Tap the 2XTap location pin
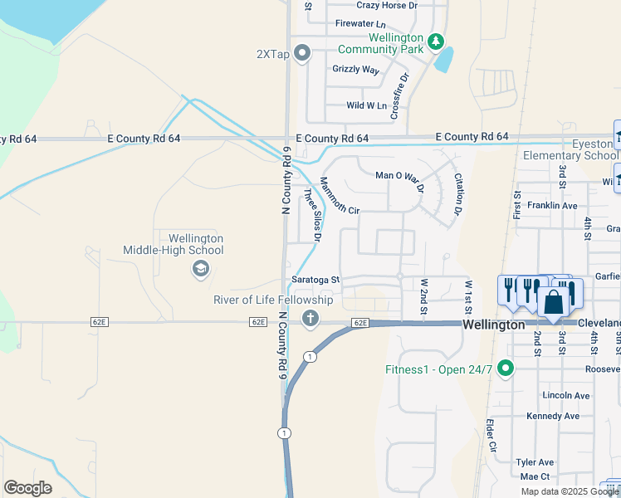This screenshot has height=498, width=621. pyautogui.click(x=301, y=55)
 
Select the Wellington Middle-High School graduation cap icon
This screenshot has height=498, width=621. pyautogui.click(x=199, y=268)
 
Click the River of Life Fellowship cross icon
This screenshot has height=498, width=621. pyautogui.click(x=310, y=317)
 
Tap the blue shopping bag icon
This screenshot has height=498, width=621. pyautogui.click(x=554, y=301)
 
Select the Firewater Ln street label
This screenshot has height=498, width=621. pyautogui.click(x=359, y=26)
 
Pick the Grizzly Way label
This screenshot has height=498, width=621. pyautogui.click(x=355, y=70)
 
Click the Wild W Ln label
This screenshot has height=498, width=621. pyautogui.click(x=366, y=105)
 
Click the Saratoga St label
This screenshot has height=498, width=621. pyautogui.click(x=315, y=280)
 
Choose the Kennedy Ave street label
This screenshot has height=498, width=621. pyautogui.click(x=552, y=416)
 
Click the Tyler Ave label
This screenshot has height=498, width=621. pyautogui.click(x=534, y=462)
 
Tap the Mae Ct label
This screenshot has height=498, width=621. pyautogui.click(x=534, y=476)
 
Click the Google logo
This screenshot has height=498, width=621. pyautogui.click(x=27, y=488)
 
